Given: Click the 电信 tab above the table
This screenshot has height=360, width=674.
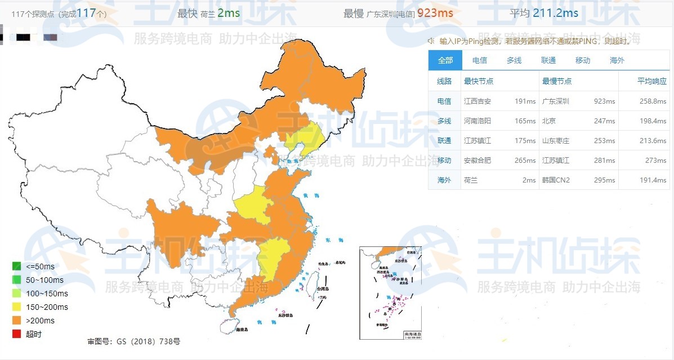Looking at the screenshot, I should tap(479, 60).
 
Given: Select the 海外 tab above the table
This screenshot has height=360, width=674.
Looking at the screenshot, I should tap(617, 60).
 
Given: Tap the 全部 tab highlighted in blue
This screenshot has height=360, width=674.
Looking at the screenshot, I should tap(445, 60).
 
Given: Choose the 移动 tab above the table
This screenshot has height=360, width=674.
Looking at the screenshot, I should tap(582, 60).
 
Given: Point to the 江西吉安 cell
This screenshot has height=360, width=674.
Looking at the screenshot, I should tap(477, 101).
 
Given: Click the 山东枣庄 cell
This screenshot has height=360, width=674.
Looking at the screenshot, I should tap(556, 140).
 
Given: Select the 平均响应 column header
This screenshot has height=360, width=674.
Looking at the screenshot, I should tap(651, 81).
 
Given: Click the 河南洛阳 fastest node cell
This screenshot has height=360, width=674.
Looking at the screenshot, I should tap(477, 121).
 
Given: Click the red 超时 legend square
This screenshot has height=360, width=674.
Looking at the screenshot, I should tap(17, 334).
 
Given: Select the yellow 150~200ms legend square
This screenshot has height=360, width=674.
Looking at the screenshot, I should tap(17, 307).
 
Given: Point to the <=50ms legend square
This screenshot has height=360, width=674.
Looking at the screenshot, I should tap(17, 266).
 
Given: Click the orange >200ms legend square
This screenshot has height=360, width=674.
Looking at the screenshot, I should tap(17, 321).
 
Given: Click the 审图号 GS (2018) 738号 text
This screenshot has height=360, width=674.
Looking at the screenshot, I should tap(133, 341).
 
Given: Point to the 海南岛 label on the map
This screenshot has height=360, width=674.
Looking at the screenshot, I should tap(242, 330).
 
